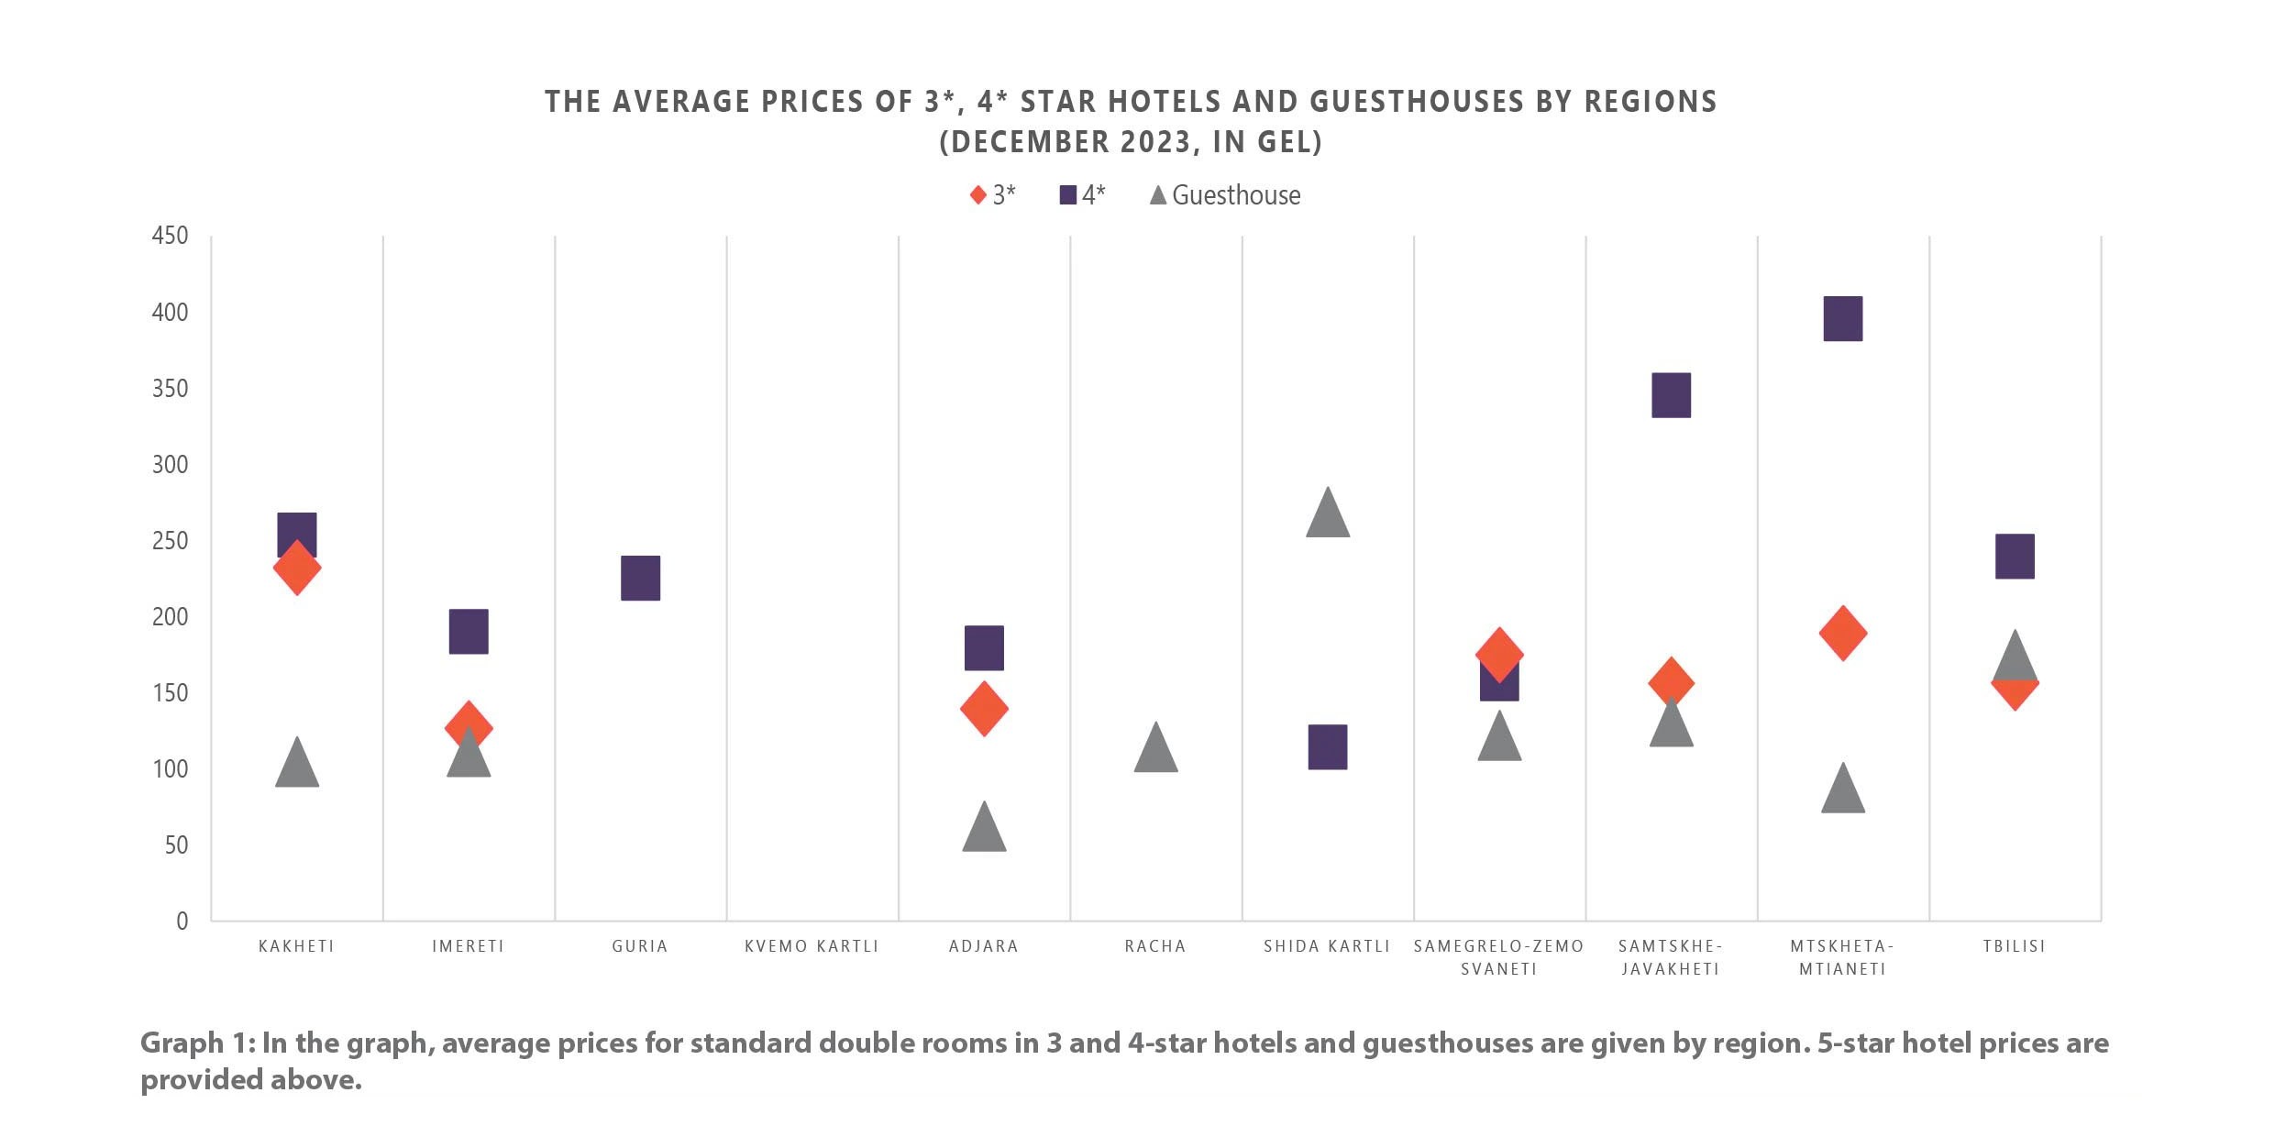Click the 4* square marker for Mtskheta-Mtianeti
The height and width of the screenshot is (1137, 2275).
point(1842,318)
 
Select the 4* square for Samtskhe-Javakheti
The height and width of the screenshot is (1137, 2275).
point(1671,395)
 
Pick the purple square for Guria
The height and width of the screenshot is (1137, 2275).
point(640,578)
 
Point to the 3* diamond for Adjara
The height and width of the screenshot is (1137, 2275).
point(984,709)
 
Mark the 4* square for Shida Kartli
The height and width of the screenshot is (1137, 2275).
point(1327,746)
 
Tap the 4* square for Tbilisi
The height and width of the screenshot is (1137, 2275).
point(2014,556)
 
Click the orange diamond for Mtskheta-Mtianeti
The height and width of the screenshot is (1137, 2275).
point(1842,633)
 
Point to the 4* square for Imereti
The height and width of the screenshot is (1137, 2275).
point(468,631)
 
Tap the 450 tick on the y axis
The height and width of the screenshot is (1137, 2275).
point(170,236)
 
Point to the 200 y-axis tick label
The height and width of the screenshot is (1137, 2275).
point(170,616)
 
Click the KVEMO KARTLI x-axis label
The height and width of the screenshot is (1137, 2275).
point(812,945)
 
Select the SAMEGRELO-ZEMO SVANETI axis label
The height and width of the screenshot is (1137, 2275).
point(1498,956)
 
